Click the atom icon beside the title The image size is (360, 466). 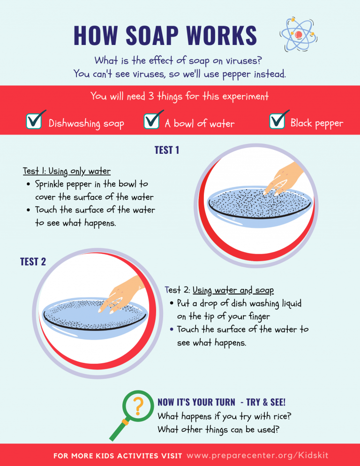[x=299, y=34]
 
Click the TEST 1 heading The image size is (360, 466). [x=167, y=150]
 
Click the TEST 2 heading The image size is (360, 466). [x=33, y=262]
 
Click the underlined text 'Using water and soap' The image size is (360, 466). [x=233, y=290]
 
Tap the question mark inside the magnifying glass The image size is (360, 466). [x=138, y=406]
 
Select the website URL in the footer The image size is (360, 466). [x=257, y=455]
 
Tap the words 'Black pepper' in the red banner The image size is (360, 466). [x=317, y=123]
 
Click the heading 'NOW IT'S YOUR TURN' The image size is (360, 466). [x=196, y=402]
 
